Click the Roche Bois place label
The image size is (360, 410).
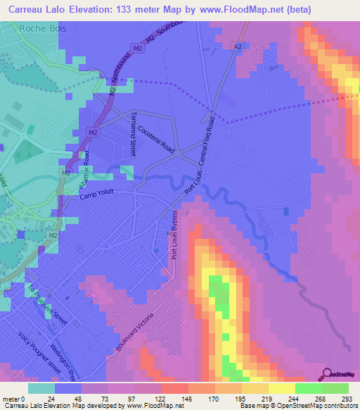click(41, 29)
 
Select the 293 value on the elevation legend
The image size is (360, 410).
click(347, 399)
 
